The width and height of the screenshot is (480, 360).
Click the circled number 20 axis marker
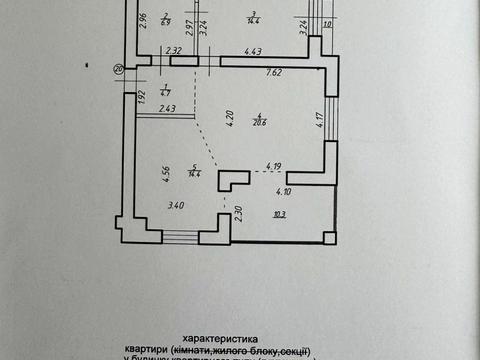pyautogui.click(x=119, y=70)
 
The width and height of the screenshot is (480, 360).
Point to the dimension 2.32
pyautogui.click(x=174, y=50)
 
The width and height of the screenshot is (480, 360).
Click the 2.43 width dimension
pyautogui.click(x=167, y=108)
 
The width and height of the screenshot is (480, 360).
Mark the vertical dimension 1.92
pyautogui.click(x=143, y=97)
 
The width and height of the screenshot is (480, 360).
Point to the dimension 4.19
pyautogui.click(x=274, y=167)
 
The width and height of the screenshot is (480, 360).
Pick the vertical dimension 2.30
pyautogui.click(x=238, y=211)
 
